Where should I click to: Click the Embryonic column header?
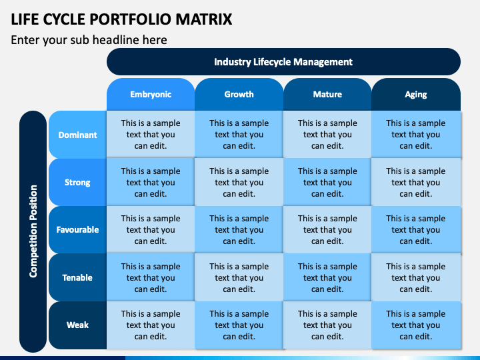pos(151,94)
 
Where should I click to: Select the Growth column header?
pos(239,94)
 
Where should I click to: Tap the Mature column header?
pos(327,94)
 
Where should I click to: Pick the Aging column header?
pos(416,94)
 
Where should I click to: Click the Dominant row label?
pos(78,135)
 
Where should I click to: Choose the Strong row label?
pos(78,183)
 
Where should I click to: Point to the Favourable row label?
pos(78,229)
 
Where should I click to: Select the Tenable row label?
pos(78,277)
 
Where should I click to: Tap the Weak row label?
pos(78,325)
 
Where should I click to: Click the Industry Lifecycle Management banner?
pos(283,62)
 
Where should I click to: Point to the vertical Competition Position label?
pos(33,231)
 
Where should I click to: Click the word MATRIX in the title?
pos(203,19)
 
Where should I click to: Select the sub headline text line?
pos(89,40)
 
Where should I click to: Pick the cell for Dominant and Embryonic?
pos(151,135)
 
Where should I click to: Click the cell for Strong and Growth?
pos(239,182)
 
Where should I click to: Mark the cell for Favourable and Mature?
pos(327,229)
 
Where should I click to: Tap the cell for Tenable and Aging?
pos(416,277)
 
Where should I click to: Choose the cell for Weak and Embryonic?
pos(151,325)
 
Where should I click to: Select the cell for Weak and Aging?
pos(416,325)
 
